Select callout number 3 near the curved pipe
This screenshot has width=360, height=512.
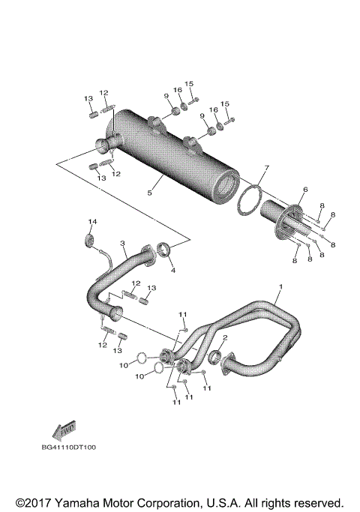122,244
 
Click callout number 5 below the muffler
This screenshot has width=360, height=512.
150,193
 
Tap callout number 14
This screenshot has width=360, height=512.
93,222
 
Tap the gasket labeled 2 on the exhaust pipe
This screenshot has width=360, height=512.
213,355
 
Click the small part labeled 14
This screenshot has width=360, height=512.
90,239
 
